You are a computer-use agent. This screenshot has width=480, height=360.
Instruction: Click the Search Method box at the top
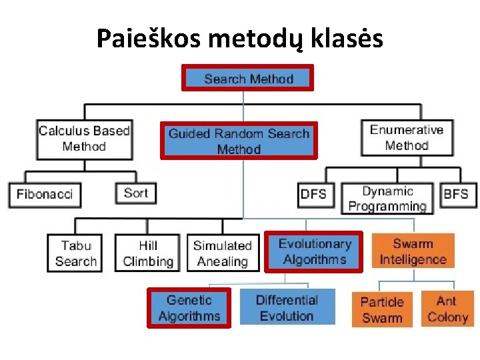248,79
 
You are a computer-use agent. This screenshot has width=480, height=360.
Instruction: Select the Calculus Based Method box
83,139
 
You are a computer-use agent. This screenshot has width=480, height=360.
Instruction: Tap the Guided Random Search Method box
239,141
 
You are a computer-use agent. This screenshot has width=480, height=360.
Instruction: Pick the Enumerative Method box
406,137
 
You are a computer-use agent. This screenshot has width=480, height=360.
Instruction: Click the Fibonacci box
44,195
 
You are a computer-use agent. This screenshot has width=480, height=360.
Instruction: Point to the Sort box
136,193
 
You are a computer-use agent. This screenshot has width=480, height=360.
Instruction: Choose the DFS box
314,195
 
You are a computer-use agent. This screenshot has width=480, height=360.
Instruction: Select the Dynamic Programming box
387,199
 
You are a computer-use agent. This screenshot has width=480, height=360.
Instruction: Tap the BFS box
456,195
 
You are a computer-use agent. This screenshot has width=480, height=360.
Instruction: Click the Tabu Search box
75,253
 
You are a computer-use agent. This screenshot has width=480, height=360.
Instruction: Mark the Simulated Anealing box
222,253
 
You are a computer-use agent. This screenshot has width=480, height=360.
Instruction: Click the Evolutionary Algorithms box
314,252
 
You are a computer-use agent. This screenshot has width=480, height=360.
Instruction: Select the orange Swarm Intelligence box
413,251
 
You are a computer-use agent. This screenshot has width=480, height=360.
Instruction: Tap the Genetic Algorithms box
189,308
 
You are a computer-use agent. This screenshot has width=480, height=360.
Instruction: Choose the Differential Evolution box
287,308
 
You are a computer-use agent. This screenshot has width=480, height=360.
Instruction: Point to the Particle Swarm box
382,310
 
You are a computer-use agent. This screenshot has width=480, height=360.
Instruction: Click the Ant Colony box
447,309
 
